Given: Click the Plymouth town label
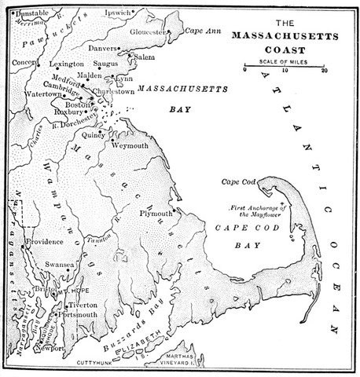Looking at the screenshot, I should (155, 212).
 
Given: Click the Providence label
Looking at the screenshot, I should (45, 241).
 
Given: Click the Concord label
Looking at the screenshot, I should (26, 63).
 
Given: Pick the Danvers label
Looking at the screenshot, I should (108, 48).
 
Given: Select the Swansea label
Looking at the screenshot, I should (59, 265).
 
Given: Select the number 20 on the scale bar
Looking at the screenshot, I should (324, 70).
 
